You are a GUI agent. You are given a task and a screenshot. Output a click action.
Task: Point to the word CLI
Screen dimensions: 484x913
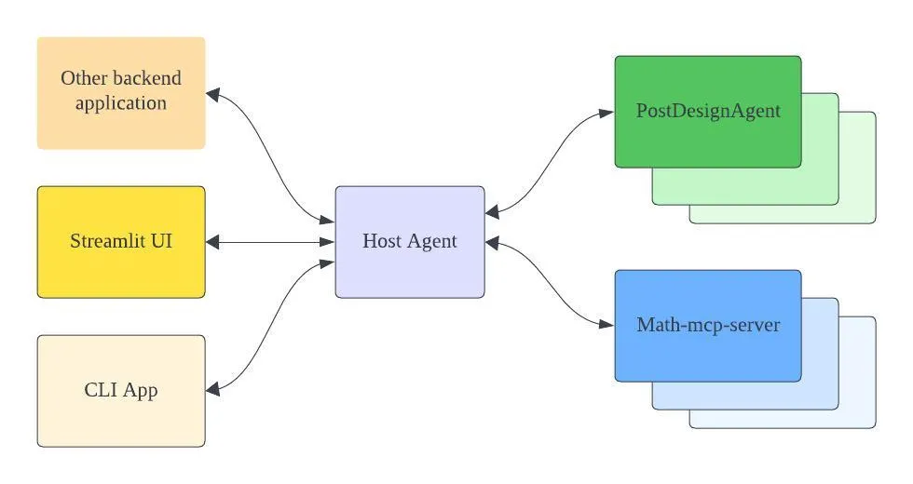coord(101,389)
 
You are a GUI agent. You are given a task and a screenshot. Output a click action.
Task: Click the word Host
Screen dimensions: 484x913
coord(381,241)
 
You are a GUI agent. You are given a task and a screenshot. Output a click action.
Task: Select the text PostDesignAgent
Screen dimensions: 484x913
coord(708,111)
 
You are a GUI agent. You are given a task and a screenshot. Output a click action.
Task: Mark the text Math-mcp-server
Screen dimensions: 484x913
coord(708,325)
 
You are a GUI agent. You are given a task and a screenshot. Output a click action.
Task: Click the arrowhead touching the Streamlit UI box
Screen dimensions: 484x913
coord(212,242)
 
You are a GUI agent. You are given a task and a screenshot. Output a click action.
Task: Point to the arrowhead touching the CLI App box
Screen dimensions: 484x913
coord(212,389)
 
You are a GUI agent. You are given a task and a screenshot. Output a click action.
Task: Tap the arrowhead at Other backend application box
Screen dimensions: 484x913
coord(212,94)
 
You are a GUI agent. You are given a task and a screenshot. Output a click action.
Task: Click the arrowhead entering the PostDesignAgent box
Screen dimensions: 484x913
coord(606,113)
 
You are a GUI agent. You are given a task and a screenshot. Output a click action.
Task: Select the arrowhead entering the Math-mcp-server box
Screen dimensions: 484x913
coord(606,325)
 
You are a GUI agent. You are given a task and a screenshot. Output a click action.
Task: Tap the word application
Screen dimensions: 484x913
coord(121,103)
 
